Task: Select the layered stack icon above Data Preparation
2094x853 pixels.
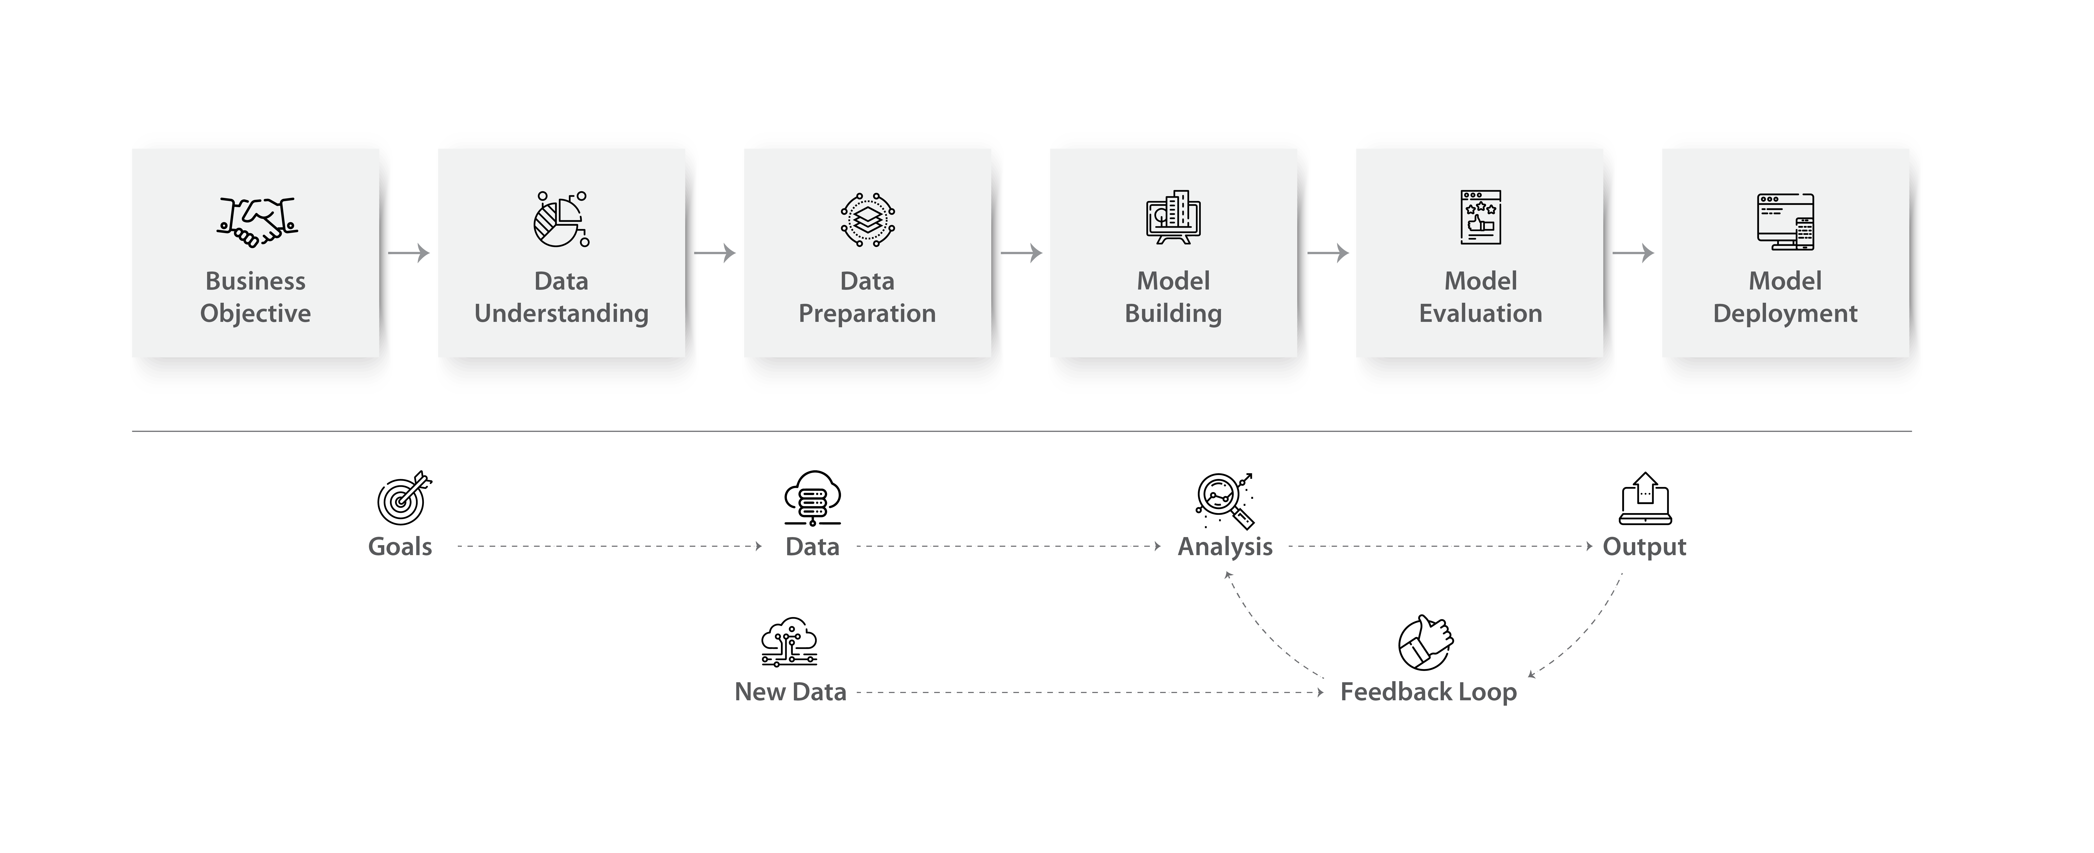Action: tap(867, 220)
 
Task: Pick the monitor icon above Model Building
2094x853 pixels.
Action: tap(1173, 218)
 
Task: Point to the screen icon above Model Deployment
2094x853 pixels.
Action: tap(1785, 221)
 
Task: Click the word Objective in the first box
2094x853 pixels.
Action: tap(255, 314)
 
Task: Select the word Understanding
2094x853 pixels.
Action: tap(561, 314)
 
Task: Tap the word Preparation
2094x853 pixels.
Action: tap(867, 314)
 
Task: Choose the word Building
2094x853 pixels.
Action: tap(1173, 314)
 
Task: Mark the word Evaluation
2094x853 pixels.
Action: tap(1480, 314)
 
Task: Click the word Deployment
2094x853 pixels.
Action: tap(1785, 314)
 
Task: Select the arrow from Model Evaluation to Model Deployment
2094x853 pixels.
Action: tap(1634, 254)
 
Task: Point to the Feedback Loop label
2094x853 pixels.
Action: tap(1428, 692)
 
